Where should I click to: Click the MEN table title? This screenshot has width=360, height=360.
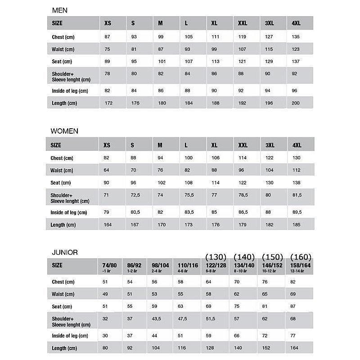tap(60, 10)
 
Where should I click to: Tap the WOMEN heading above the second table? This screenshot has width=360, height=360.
tap(64, 131)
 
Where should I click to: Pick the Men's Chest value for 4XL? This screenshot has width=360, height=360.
tap(296, 36)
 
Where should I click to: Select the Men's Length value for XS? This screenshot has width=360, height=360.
tap(108, 103)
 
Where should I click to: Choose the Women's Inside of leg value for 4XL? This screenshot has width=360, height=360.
tap(297, 213)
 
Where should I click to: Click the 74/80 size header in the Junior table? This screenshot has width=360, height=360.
tap(110, 266)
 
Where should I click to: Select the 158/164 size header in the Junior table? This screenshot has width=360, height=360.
tap(300, 266)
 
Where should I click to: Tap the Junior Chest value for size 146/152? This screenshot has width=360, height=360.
tap(265, 282)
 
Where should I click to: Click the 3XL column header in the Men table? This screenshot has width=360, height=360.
tap(270, 23)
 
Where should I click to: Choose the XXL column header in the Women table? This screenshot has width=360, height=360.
tap(243, 145)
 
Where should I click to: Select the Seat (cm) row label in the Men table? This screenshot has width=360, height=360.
tap(62, 62)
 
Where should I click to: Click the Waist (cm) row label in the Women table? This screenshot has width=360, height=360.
tap(62, 171)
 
